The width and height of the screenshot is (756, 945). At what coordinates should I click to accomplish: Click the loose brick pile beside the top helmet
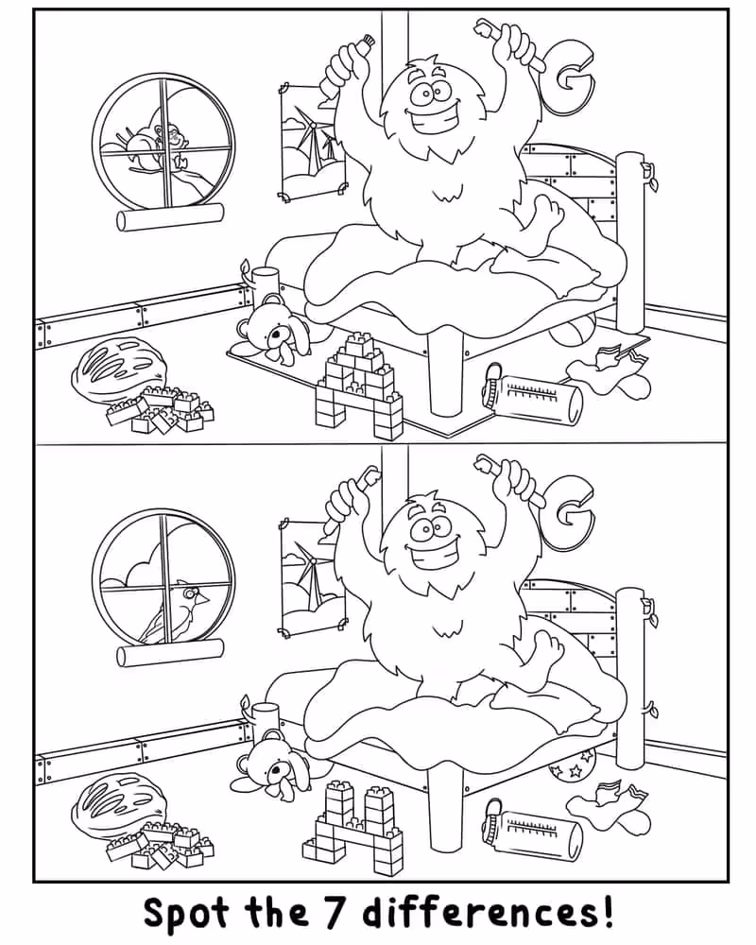pyautogui.click(x=161, y=410)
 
